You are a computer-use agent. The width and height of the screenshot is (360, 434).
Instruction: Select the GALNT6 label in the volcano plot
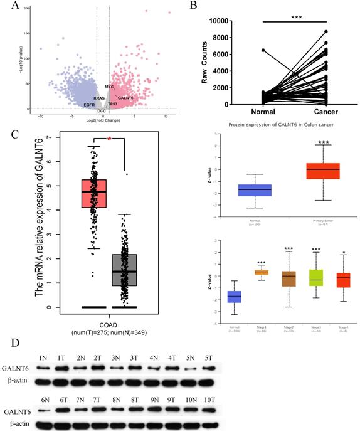[x=125, y=98]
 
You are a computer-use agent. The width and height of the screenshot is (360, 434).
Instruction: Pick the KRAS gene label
[x=99, y=98]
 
